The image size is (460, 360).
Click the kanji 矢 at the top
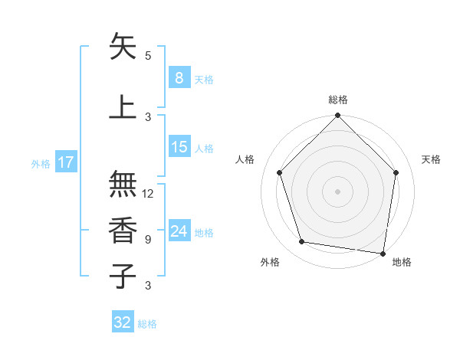(x=123, y=47)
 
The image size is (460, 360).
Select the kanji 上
(x=123, y=107)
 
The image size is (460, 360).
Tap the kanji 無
(x=123, y=184)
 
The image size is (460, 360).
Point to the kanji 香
(x=123, y=230)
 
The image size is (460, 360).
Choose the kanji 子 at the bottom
(x=123, y=276)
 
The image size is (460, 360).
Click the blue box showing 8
(x=179, y=78)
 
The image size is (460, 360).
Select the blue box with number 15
(x=179, y=147)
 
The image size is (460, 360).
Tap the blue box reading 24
(x=179, y=231)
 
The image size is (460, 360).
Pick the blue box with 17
(x=65, y=162)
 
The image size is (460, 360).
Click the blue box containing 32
(x=123, y=322)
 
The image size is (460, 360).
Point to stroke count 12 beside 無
(x=148, y=194)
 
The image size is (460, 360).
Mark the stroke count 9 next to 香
(x=148, y=240)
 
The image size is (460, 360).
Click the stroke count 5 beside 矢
(x=148, y=56)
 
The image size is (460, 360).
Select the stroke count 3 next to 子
(x=148, y=286)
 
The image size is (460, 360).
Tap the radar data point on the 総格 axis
(x=337, y=116)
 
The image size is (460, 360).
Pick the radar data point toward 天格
(x=396, y=172)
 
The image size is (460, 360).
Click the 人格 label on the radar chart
(x=245, y=159)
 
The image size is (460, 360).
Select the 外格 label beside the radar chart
(x=270, y=262)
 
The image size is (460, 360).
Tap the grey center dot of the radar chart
(x=337, y=191)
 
